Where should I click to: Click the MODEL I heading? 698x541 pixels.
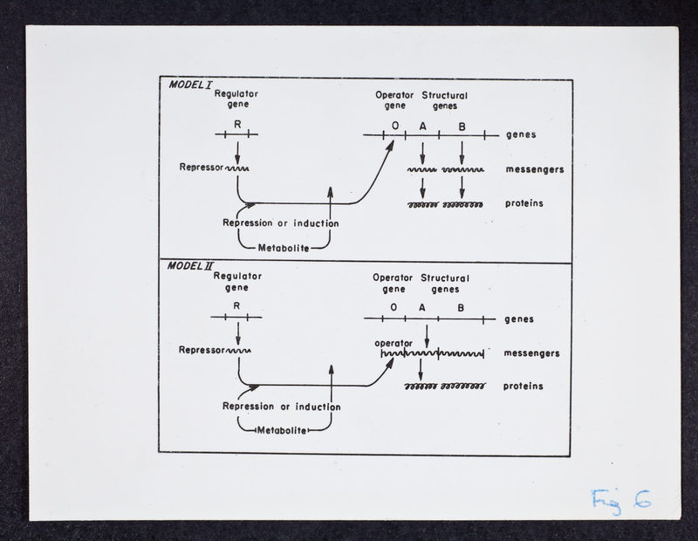(x=189, y=85)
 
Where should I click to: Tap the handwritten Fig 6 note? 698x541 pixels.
(x=620, y=499)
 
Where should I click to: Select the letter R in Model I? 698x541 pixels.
(x=237, y=125)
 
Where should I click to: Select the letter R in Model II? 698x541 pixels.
(x=236, y=306)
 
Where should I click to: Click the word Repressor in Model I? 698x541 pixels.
(x=202, y=168)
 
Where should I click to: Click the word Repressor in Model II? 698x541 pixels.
(x=202, y=351)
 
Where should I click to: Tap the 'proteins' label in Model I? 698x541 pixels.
(x=524, y=203)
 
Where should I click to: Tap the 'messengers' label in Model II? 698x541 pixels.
(x=531, y=353)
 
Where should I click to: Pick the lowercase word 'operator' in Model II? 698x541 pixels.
(x=393, y=343)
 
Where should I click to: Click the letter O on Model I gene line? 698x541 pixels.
(x=395, y=127)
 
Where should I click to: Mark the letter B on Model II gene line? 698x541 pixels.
(x=461, y=307)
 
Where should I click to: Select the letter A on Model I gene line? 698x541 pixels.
(x=423, y=127)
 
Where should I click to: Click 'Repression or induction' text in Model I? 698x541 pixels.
(x=281, y=223)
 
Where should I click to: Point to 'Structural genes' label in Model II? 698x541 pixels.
(x=445, y=284)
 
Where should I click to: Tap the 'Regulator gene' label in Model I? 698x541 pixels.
(x=236, y=99)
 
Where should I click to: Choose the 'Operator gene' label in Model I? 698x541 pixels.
(x=393, y=99)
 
